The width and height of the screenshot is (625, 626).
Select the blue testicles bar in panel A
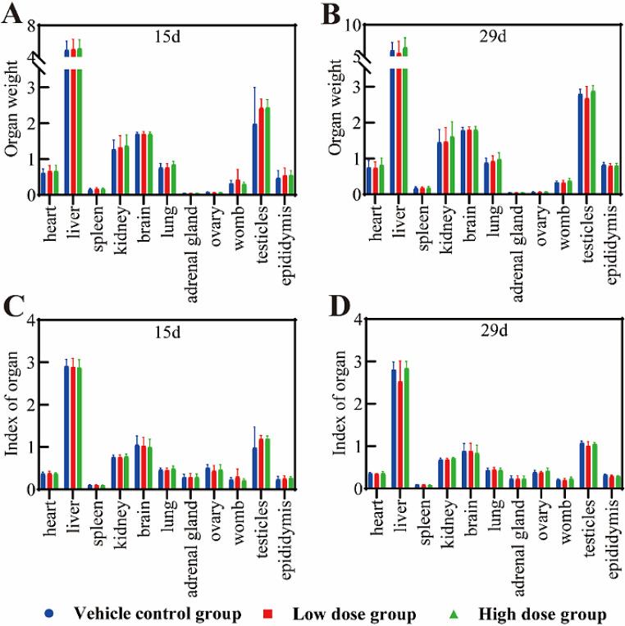[255, 159]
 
